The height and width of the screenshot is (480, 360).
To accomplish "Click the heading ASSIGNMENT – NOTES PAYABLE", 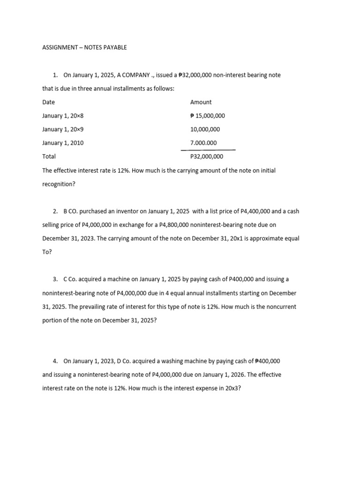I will [84, 47].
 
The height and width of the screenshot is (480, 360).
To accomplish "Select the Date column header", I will [48, 102].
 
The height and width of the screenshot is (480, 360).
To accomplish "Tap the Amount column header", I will [201, 102].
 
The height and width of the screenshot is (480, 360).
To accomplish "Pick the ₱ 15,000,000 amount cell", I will [208, 116].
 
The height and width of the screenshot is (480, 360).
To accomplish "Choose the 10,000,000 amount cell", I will [205, 129].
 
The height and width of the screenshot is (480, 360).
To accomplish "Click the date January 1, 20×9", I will [63, 129].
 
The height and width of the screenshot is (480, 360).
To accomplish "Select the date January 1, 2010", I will [63, 143].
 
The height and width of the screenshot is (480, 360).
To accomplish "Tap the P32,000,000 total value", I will [207, 157].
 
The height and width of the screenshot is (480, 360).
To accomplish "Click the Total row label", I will [49, 157].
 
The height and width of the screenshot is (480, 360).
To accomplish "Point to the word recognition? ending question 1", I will [59, 184].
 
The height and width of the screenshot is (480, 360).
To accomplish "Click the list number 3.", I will [55, 279].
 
